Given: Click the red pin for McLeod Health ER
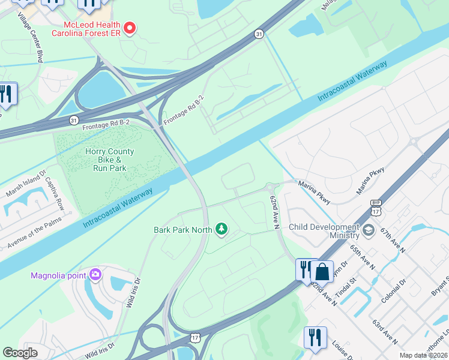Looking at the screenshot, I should pyautogui.click(x=128, y=28).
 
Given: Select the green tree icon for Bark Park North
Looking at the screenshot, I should pyautogui.click(x=222, y=229).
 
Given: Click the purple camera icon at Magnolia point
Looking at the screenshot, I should pyautogui.click(x=95, y=275).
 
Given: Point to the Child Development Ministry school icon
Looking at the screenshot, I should pyautogui.click(x=369, y=229).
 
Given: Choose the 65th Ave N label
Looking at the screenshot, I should pyautogui.click(x=364, y=256).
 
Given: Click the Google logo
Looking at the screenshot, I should pyautogui.click(x=20, y=352).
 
